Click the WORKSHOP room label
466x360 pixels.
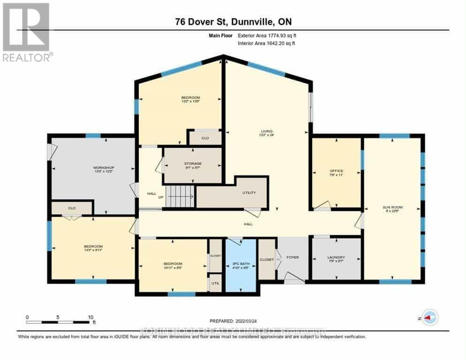click(x=104, y=168)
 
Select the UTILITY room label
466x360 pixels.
click(x=248, y=193)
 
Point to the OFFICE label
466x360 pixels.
click(x=336, y=171)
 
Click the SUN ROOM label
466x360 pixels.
click(x=392, y=207)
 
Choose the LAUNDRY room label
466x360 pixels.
click(x=336, y=257)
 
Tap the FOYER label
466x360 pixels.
click(x=293, y=257)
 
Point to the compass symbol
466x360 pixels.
click(x=429, y=317)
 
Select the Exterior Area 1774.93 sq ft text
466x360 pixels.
click(x=266, y=35)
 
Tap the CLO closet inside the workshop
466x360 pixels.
click(x=72, y=208)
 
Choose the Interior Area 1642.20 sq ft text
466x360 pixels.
click(x=266, y=44)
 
